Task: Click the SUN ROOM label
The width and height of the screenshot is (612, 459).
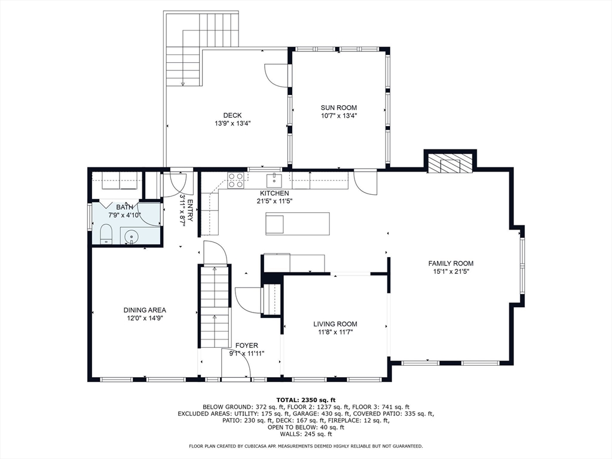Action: [x=339, y=108]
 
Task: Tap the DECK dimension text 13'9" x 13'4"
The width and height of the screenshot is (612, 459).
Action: [x=232, y=123]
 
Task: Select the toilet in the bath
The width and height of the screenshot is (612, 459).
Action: [x=106, y=234]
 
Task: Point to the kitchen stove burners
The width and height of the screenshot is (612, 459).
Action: [x=236, y=180]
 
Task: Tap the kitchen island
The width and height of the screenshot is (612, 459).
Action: [x=298, y=224]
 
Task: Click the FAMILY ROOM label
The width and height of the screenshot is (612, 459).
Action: [x=451, y=264]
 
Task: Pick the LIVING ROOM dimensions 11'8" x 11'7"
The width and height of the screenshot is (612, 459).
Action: [x=335, y=332]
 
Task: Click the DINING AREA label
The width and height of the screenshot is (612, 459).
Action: [x=145, y=310]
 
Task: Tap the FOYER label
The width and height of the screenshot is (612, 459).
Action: [x=247, y=345]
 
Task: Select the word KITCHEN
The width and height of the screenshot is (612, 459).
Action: [x=275, y=193]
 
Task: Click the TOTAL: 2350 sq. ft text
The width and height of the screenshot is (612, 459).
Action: [x=306, y=400]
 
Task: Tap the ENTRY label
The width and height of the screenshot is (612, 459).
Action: [x=190, y=211]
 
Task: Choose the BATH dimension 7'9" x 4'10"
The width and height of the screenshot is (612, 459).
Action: [x=124, y=215]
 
